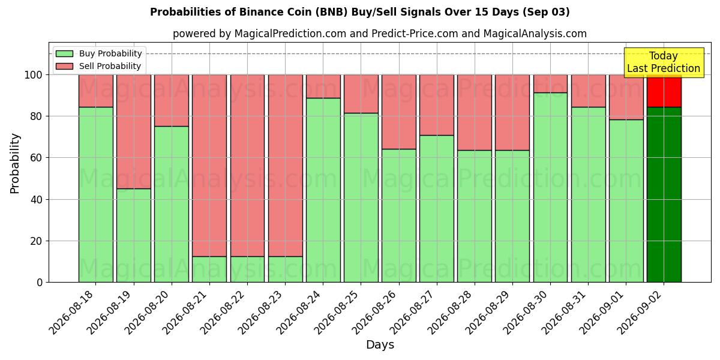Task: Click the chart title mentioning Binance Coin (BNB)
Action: (359, 12)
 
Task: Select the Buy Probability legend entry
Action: (98, 53)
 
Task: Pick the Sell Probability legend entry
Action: (98, 66)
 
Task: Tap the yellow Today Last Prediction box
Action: (664, 62)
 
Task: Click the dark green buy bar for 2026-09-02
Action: (664, 194)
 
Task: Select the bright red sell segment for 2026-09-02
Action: (664, 91)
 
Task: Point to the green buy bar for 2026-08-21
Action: (209, 269)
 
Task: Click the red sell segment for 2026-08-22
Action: (247, 166)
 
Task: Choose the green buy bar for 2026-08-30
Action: (551, 187)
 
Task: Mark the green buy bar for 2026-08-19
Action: (134, 235)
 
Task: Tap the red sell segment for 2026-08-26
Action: (399, 112)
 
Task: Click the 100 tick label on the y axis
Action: (34, 75)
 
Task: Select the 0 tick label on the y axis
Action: (40, 283)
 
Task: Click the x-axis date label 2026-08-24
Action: (299, 313)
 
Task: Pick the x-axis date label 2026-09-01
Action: (601, 313)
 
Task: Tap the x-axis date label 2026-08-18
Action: (71, 313)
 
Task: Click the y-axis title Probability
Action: (15, 163)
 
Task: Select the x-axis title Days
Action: (380, 345)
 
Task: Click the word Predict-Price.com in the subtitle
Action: (415, 34)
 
